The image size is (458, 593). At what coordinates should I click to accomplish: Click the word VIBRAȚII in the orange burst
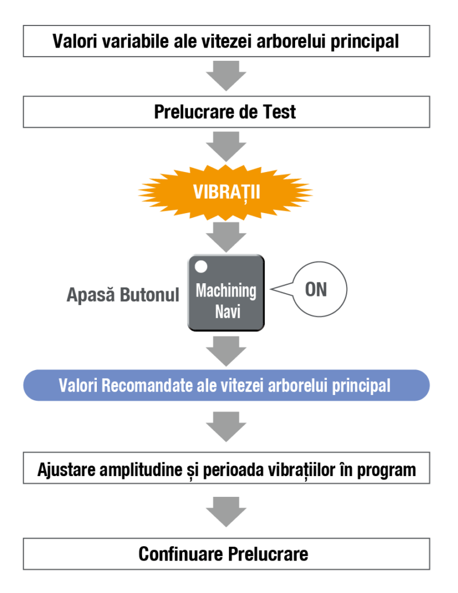pos(226,192)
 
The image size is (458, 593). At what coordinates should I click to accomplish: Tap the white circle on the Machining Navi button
pos(201,267)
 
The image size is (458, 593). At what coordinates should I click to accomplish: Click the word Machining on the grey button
pos(226,290)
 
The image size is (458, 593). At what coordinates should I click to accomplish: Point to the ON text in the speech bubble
pos(315,290)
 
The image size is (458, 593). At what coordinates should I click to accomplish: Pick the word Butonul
pos(150,295)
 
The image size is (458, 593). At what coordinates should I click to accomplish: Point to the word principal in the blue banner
pos(361,386)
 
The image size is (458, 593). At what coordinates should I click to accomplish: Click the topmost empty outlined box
pos(226,41)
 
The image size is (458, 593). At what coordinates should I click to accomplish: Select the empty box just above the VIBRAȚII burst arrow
pos(226,112)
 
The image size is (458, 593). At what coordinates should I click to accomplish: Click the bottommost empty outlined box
pos(226,553)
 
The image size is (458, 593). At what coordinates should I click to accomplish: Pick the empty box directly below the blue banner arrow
pos(226,467)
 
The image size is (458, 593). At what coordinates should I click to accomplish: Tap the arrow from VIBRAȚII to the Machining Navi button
pos(226,236)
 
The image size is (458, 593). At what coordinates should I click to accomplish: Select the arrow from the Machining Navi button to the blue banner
pos(226,349)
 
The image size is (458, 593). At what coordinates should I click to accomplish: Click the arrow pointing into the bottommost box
pos(226,510)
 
